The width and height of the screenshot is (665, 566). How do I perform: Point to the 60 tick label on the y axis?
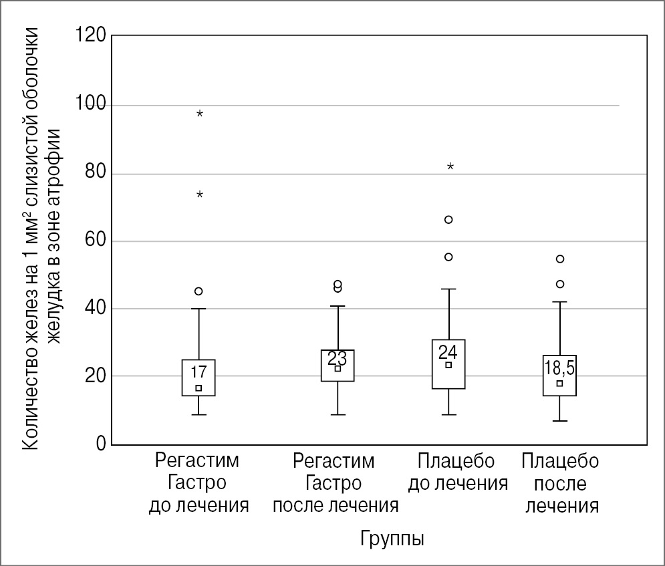pos(96,241)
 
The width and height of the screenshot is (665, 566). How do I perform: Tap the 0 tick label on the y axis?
pos(100,444)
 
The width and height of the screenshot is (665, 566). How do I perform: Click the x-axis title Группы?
pos(392,539)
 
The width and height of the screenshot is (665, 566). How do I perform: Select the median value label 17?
pos(198,372)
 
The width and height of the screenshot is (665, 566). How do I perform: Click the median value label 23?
pos(338,357)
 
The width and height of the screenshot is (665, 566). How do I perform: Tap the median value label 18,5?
pos(559,368)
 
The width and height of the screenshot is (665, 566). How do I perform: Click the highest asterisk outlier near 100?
pos(200,114)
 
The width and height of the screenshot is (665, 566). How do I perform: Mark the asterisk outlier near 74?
pos(200,195)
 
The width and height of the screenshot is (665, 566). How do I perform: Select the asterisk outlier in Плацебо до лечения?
pos(450,167)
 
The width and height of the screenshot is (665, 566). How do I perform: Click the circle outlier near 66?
pos(449,219)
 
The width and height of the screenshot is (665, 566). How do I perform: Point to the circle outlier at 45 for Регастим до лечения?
pos(198,291)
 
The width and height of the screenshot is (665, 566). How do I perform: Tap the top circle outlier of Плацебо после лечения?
pos(560,259)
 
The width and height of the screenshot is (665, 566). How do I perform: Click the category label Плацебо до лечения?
pos(458,472)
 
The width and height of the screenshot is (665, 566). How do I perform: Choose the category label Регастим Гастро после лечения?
pos(335,482)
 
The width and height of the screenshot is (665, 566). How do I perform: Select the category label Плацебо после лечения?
pos(561,482)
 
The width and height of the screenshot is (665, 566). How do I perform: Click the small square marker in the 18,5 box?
pos(560,384)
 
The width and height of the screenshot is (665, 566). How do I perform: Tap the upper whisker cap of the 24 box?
pos(449,289)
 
